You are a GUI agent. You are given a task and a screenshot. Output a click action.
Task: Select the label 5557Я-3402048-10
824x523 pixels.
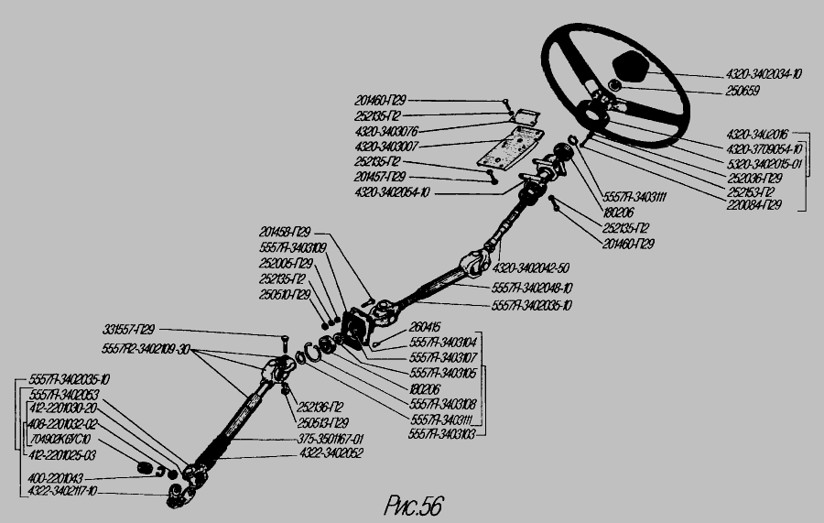click(x=532, y=288)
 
